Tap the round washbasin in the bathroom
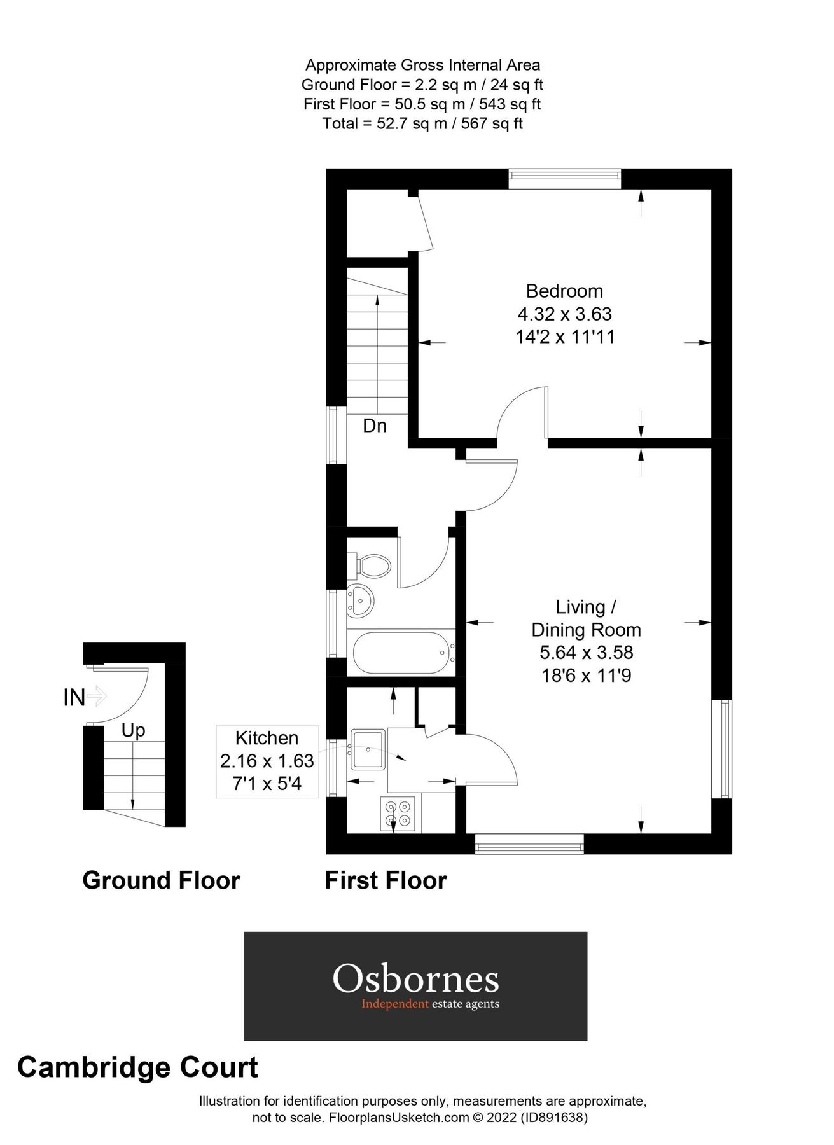pos(360,600)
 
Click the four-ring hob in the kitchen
pos(398,814)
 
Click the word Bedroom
pos(564,291)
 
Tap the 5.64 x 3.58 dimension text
pos(586,653)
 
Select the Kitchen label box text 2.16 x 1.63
pos(267,761)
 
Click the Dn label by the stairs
pos(375,426)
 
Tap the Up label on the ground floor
pos(133,731)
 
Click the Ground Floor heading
pos(161,880)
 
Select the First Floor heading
pos(386,880)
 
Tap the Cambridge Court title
pos(137,1067)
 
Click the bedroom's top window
pos(564,179)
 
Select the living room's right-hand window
pos(721,749)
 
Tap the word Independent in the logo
pos(395,1004)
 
